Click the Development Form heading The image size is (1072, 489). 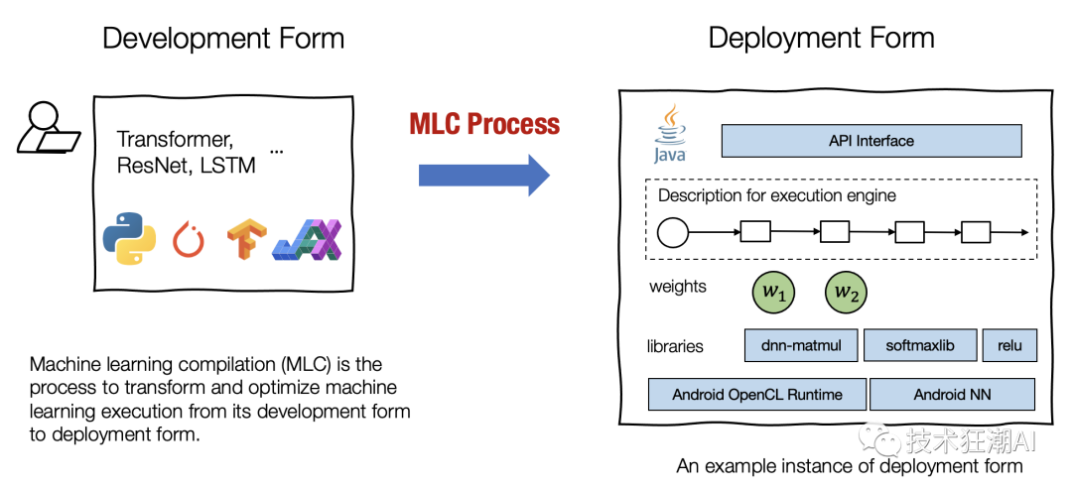tap(223, 39)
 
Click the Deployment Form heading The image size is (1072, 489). tap(821, 39)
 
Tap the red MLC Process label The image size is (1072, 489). tap(484, 125)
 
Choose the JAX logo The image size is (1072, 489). tap(308, 239)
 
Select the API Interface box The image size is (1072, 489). tap(871, 141)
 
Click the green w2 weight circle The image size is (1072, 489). tap(845, 292)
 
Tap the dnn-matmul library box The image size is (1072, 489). tap(800, 345)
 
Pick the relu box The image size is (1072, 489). tap(1009, 345)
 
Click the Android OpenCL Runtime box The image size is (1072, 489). tap(757, 394)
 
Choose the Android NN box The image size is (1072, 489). tap(952, 394)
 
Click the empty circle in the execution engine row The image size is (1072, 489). tap(673, 234)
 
